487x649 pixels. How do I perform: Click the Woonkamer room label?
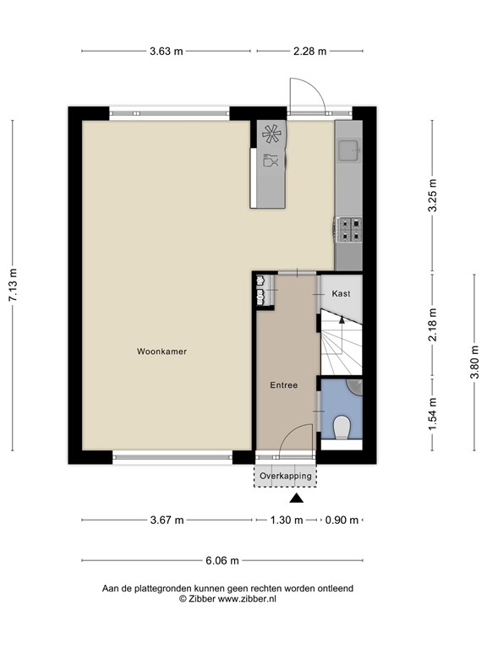[x=161, y=352]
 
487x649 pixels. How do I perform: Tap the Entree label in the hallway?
[x=283, y=385]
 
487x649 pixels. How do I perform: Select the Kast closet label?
[x=342, y=294]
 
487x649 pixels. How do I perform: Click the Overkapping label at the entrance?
[x=286, y=477]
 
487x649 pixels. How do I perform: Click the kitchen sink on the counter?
[x=347, y=150]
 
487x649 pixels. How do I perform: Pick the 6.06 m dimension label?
[x=222, y=560]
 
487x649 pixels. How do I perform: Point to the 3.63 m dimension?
[x=167, y=51]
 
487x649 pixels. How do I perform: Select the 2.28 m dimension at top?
[x=309, y=51]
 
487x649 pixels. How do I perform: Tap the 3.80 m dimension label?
[x=474, y=372]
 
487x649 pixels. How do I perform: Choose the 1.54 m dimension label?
[x=433, y=414]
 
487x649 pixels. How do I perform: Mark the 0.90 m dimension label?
[x=342, y=521]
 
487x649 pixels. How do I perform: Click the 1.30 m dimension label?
[x=287, y=521]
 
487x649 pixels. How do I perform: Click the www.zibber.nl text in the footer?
[x=246, y=598]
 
